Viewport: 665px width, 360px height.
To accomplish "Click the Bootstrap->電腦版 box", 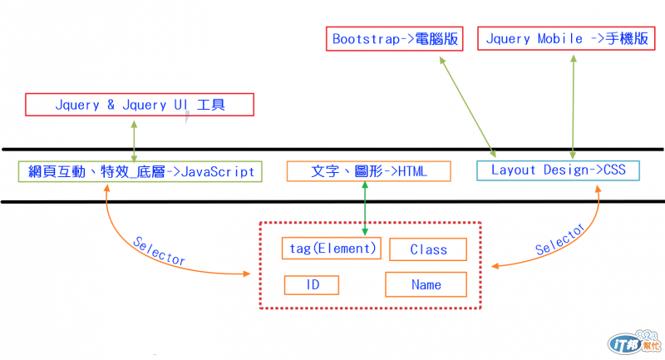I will pos(393,39).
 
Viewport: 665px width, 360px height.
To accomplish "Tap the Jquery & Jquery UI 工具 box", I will pos(140,106).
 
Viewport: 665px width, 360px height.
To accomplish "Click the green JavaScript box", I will pos(140,171).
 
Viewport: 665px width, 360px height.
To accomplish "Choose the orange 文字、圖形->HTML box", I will pos(368,171).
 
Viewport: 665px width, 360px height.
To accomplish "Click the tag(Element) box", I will pos(331,247).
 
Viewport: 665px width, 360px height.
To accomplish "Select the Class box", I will pos(428,249).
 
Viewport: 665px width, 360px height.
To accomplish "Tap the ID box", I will pos(313,285).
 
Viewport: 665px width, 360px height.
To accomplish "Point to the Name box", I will pos(426,285).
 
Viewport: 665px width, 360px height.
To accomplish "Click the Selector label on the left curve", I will pos(158,250).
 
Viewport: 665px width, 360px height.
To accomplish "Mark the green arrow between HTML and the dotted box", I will pos(365,208).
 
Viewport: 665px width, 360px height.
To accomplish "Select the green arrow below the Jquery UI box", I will pos(134,138).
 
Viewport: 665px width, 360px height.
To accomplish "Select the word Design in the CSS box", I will pos(566,171).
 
